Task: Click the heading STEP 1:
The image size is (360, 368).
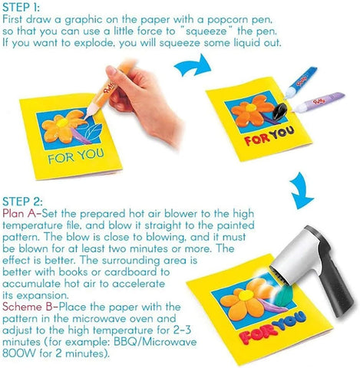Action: (x=21, y=7)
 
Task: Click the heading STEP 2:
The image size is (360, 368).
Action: (x=22, y=202)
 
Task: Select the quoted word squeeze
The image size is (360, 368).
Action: (x=206, y=32)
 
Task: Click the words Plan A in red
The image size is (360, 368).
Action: (x=20, y=213)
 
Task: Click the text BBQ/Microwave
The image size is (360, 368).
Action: (x=155, y=342)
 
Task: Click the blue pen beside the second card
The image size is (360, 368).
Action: (x=301, y=82)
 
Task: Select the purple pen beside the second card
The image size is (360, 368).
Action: (x=319, y=102)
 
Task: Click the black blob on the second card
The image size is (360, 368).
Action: (x=279, y=111)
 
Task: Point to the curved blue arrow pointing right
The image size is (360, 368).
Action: (x=193, y=66)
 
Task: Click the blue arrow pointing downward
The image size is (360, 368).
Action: (x=301, y=190)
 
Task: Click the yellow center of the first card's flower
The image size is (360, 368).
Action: (x=61, y=123)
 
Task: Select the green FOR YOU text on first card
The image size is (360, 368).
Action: (x=76, y=156)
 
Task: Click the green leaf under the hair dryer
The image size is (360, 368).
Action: (x=282, y=294)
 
